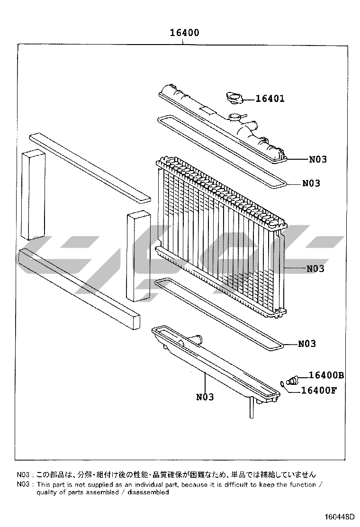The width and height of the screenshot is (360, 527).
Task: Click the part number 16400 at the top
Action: (184, 33)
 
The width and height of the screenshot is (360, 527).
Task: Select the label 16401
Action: (270, 99)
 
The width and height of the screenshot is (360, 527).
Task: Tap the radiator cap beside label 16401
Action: (234, 98)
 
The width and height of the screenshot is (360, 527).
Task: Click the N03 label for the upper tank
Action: (318, 159)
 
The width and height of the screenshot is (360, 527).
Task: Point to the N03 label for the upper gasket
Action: (311, 183)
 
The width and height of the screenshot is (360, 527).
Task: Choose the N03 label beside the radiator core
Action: (315, 269)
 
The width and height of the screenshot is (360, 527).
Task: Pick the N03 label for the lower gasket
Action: (307, 344)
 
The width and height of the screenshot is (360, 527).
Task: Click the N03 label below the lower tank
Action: (205, 397)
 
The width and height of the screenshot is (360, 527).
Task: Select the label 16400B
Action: (326, 375)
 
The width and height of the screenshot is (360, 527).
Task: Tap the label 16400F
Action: (319, 390)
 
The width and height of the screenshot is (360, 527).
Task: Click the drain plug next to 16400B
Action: (291, 381)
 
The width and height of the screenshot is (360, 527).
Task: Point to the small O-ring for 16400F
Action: (283, 383)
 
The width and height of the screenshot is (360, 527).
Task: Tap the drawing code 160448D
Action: (340, 516)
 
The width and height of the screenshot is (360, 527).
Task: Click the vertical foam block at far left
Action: (33, 195)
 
